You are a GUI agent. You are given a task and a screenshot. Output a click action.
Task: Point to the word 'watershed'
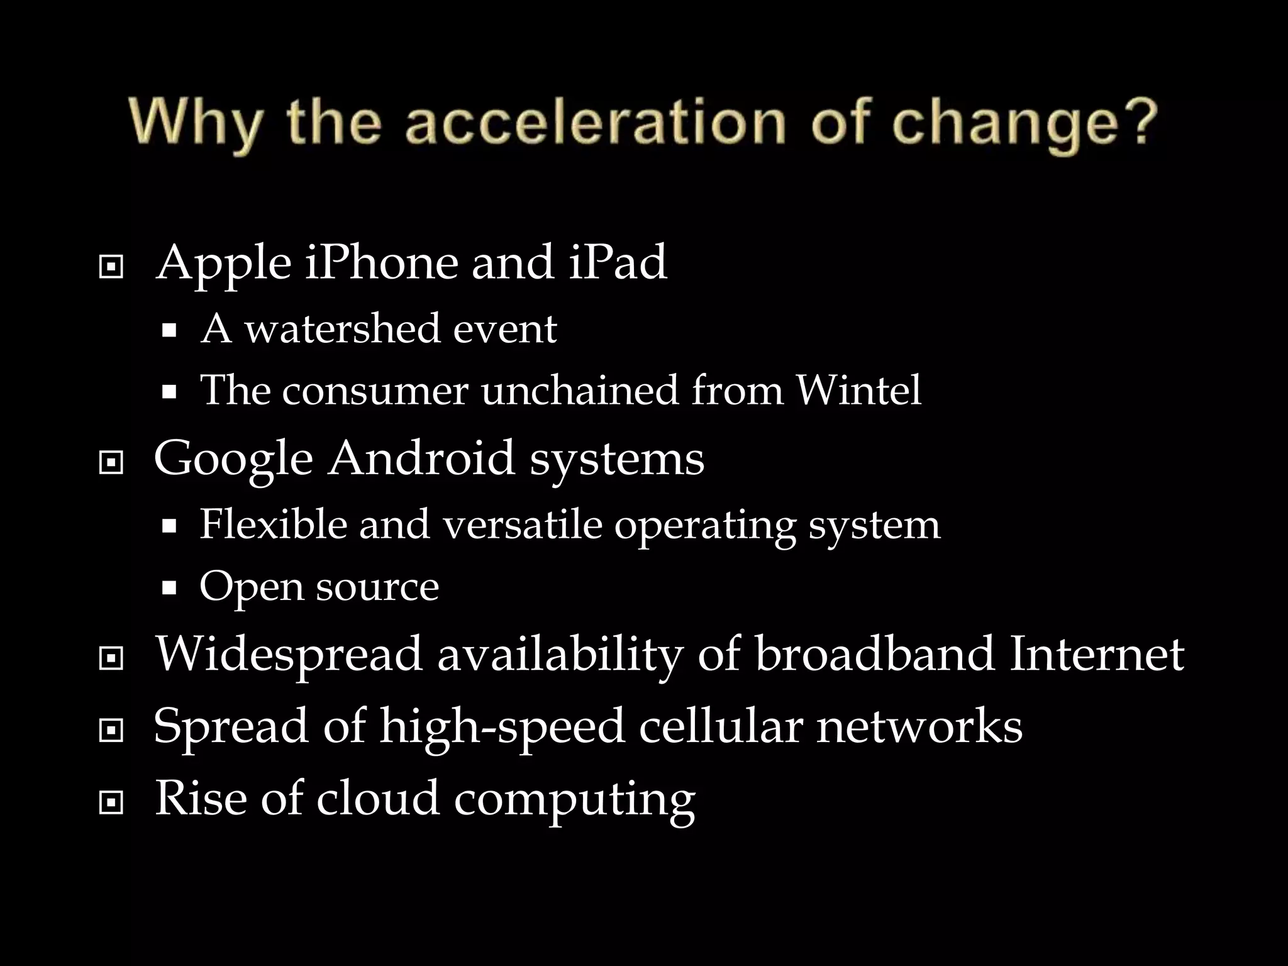point(342,329)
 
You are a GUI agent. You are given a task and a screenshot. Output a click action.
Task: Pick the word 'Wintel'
point(858,391)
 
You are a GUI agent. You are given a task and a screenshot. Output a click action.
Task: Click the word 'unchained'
point(579,391)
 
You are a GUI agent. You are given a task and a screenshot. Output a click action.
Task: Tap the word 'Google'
point(233,460)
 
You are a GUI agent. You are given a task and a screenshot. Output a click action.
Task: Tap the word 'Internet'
point(1097,655)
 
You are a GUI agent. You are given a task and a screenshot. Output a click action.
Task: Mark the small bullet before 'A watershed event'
point(169,331)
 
